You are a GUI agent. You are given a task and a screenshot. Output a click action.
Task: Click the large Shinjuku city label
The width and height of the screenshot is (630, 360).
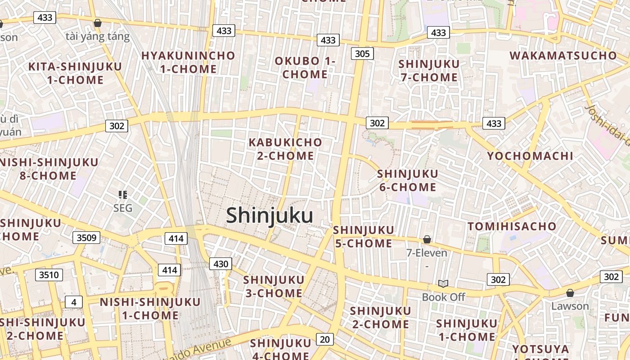(x=270, y=215)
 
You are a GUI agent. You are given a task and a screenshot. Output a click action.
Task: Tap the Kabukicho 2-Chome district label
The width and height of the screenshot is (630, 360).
(x=286, y=149)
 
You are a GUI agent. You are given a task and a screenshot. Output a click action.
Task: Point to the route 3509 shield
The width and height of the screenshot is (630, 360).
(x=86, y=238)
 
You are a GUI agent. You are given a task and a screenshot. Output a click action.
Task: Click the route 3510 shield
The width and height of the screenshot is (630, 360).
(x=49, y=274)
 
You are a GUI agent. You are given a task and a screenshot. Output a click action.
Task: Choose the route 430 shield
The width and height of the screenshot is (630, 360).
(x=220, y=264)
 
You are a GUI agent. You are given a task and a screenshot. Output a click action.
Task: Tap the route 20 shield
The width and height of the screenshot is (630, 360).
(x=325, y=339)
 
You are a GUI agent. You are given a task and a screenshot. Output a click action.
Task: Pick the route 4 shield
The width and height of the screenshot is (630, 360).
(x=74, y=302)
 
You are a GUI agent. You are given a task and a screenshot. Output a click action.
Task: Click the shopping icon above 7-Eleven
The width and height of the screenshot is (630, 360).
(x=427, y=239)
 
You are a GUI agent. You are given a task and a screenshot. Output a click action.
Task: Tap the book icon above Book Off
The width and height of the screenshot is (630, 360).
(x=443, y=283)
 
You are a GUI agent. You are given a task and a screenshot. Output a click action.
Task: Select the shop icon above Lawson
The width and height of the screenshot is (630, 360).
(x=570, y=293)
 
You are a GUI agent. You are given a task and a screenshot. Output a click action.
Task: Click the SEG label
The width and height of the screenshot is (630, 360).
(x=123, y=208)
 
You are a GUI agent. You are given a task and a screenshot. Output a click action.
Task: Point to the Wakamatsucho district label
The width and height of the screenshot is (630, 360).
(x=563, y=56)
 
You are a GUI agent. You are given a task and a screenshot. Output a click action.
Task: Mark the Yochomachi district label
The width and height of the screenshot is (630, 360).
(x=530, y=156)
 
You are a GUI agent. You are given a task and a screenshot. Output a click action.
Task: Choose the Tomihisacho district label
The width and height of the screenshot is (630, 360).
(x=512, y=226)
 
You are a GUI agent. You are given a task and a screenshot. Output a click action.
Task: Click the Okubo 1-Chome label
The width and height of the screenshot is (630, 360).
(x=305, y=67)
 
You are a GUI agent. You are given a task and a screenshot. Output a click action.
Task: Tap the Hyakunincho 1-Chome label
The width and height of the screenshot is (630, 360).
(x=188, y=63)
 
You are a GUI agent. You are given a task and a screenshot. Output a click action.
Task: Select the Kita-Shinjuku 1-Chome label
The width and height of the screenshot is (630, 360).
(x=75, y=73)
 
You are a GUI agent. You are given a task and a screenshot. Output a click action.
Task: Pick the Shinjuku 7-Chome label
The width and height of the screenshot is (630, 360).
(x=429, y=71)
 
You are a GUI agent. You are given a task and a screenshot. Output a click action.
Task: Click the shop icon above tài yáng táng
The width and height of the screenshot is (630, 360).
(x=98, y=23)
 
